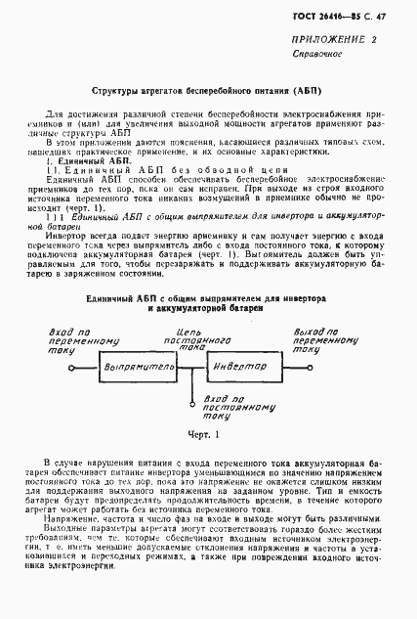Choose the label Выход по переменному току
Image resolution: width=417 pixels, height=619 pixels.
[x=322, y=339]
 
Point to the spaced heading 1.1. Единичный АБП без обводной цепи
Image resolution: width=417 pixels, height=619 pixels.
[x=147, y=171]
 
